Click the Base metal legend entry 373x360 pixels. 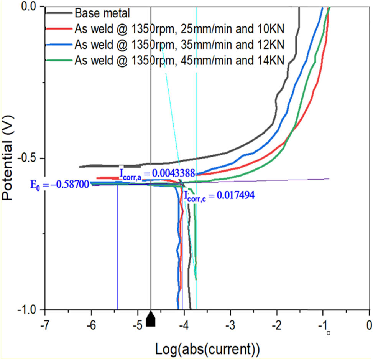pyautogui.click(x=102, y=13)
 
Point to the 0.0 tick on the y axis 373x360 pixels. pyautogui.click(x=30, y=7)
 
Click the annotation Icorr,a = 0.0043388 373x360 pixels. pyautogui.click(x=157, y=173)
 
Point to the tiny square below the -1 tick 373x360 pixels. pyautogui.click(x=329, y=333)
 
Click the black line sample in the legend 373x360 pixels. pyautogui.click(x=59, y=13)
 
